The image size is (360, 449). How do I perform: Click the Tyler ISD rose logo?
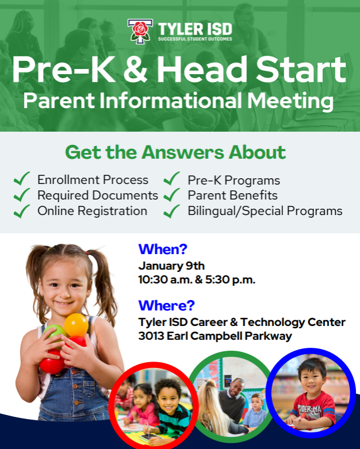(x=137, y=31)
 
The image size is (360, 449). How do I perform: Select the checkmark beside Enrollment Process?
(x=22, y=181)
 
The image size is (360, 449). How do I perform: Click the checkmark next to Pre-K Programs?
(x=172, y=181)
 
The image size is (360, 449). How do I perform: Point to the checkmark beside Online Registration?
(x=22, y=212)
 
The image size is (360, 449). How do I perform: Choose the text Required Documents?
(x=98, y=195)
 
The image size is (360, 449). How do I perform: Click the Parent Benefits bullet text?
(x=232, y=195)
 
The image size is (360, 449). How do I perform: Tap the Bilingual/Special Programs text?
(x=265, y=211)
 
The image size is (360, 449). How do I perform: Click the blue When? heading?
(x=163, y=250)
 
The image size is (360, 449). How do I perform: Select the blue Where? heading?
(x=166, y=305)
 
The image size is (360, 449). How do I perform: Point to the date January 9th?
(x=171, y=266)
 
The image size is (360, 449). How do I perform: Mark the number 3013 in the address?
(x=152, y=336)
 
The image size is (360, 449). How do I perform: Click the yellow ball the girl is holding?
(x=76, y=325)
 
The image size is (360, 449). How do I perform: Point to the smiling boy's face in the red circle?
(x=167, y=393)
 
